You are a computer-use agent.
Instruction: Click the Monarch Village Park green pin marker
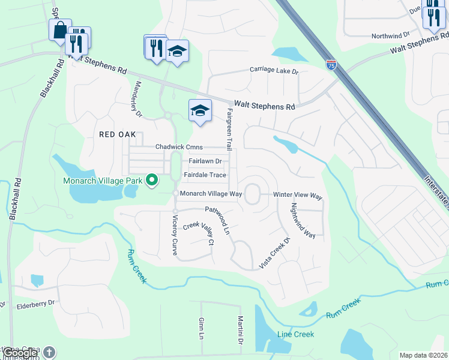click(152, 179)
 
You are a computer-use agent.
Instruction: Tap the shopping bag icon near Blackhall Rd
click(60, 30)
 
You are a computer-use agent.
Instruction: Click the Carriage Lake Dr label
click(274, 71)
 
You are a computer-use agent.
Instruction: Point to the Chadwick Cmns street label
click(179, 147)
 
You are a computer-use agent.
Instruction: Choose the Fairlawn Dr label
click(205, 161)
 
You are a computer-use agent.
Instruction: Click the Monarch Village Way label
click(211, 193)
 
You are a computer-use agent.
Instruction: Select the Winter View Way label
click(298, 196)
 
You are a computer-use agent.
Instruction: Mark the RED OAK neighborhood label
click(118, 135)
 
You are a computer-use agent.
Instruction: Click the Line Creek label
click(295, 334)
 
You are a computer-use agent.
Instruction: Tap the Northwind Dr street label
click(390, 35)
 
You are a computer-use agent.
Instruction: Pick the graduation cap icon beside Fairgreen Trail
click(200, 111)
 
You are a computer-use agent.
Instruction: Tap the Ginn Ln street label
click(201, 329)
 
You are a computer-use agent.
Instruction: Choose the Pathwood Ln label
click(218, 220)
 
